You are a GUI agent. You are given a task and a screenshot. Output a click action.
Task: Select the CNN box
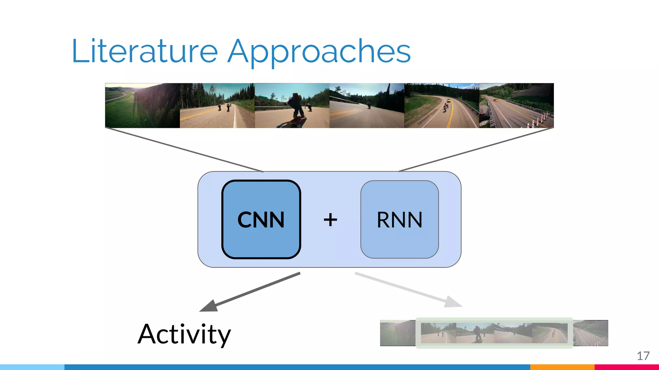pos(261,219)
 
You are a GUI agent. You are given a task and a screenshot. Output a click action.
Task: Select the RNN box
pos(399,219)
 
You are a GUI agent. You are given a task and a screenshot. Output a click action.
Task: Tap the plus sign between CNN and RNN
pos(330,220)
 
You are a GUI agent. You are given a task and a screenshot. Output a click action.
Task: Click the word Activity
pos(184,334)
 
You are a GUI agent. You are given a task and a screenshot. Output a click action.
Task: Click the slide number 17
pos(643,356)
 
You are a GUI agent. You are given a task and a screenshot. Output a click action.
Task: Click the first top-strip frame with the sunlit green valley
pos(142,105)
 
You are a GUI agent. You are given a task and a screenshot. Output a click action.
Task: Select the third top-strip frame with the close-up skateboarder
pos(292,105)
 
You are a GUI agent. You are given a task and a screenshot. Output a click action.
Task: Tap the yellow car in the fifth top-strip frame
pos(448,101)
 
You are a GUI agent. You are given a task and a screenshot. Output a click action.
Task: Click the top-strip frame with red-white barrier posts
pos(516,105)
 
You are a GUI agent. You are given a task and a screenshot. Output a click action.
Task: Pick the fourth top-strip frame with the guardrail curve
pos(367,105)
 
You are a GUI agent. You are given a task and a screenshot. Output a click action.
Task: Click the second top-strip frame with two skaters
pos(217,105)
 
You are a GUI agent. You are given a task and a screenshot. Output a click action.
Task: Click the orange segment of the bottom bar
pos(562,367)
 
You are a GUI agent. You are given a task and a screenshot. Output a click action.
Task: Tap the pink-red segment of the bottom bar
pos(626,367)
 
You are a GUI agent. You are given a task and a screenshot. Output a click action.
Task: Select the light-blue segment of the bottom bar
pos(32,367)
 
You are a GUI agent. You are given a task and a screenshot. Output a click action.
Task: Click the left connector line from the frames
pos(184,150)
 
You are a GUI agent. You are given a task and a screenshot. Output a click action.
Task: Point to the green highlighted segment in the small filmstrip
pos(494,333)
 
